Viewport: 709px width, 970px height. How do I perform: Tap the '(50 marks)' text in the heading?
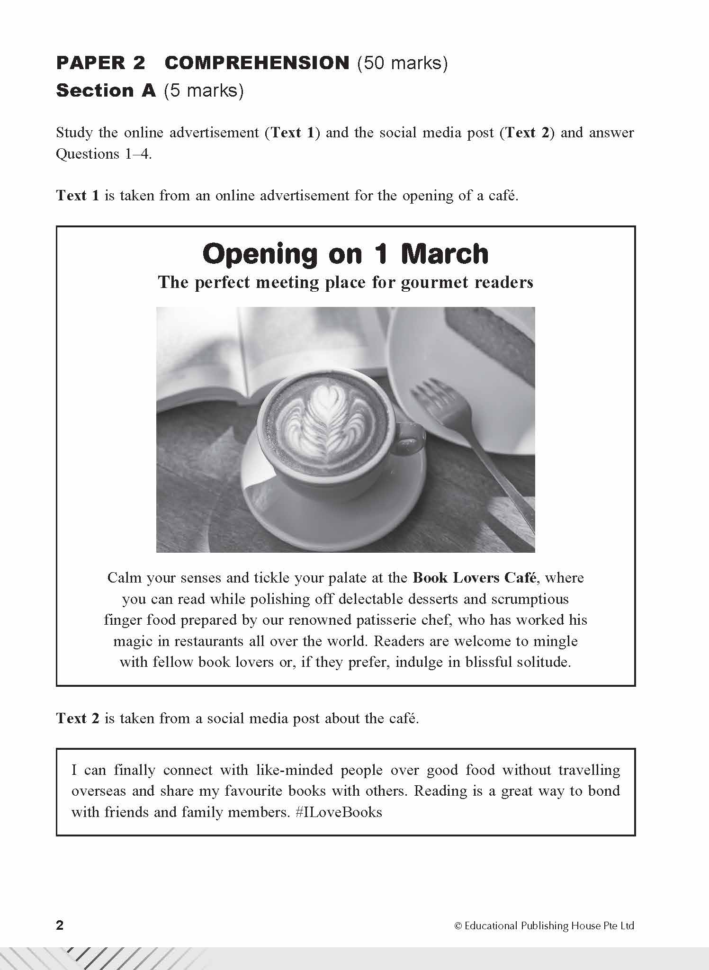402,63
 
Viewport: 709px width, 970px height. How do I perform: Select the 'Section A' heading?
106,90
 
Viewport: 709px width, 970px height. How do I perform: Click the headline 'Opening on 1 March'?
345,254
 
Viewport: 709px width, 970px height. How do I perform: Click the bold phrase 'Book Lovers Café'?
475,578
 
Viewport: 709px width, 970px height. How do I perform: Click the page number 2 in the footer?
60,925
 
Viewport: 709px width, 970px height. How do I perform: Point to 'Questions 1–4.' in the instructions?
104,154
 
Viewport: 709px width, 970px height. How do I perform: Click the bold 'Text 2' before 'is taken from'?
78,719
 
